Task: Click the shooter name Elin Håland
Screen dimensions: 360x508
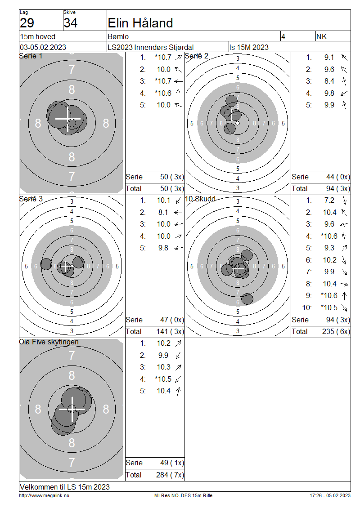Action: pyautogui.click(x=140, y=23)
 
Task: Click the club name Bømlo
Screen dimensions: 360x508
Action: pyautogui.click(x=118, y=36)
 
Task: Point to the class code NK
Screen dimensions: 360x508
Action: pyautogui.click(x=321, y=36)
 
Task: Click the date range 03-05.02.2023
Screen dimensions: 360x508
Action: pyautogui.click(x=43, y=47)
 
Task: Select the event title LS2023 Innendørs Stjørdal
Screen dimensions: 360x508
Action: pyautogui.click(x=150, y=47)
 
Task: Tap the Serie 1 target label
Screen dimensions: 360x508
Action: pyautogui.click(x=31, y=56)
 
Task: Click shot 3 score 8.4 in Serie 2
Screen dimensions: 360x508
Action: pyautogui.click(x=329, y=81)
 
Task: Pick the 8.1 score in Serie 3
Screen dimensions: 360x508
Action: pyautogui.click(x=163, y=212)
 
